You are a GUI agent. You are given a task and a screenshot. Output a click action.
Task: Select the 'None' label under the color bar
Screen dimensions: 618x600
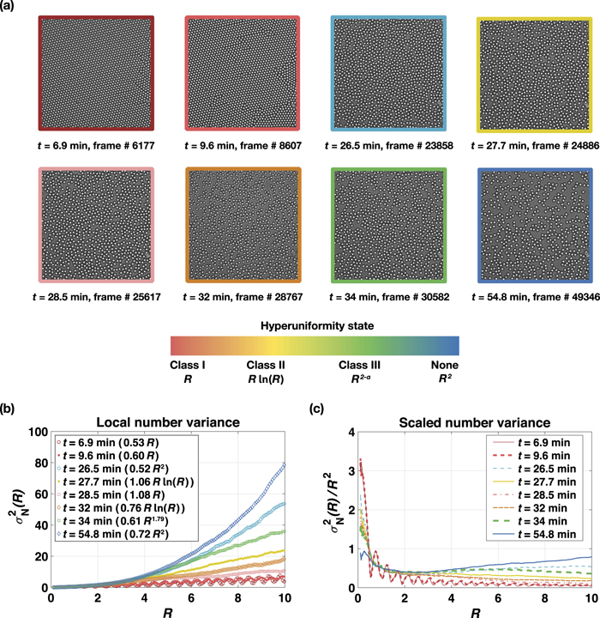point(447,364)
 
